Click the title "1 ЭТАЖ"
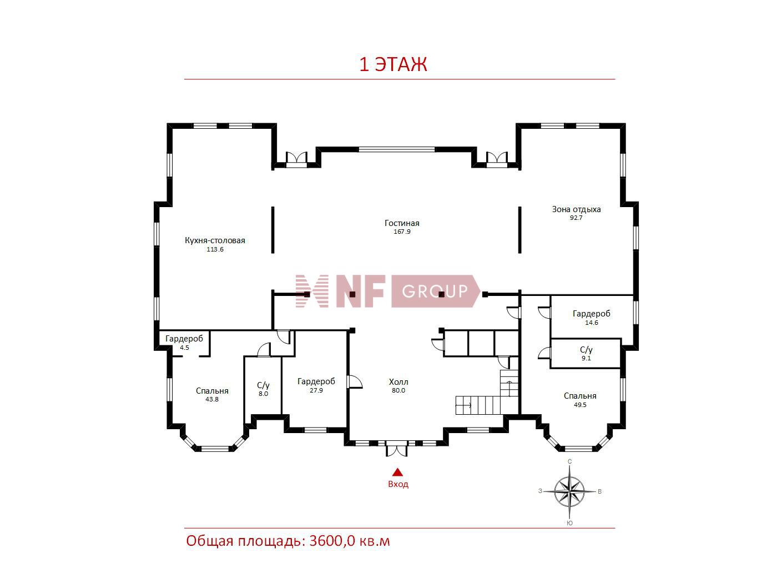click(x=393, y=64)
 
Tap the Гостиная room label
click(x=402, y=223)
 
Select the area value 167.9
click(x=402, y=232)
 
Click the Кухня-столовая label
click(x=215, y=240)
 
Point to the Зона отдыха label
click(x=576, y=209)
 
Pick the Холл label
click(x=398, y=382)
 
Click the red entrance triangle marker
click(x=398, y=472)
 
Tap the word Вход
click(x=398, y=484)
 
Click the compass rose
click(x=569, y=491)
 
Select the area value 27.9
click(x=316, y=390)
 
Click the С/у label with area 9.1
click(x=586, y=350)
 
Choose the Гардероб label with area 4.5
click(x=184, y=339)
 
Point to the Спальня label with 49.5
click(x=580, y=396)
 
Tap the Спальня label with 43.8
click(x=212, y=391)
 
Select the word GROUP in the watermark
click(x=435, y=291)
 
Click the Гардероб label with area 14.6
click(x=592, y=314)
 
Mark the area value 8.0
click(x=263, y=394)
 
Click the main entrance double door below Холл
click(x=396, y=448)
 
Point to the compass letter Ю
click(x=569, y=523)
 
